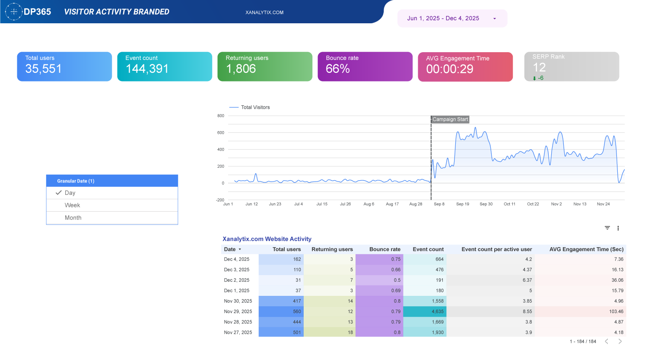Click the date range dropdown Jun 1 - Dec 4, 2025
tap(451, 19)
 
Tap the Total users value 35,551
tap(43, 69)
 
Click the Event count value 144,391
tap(147, 69)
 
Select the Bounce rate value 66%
tap(337, 69)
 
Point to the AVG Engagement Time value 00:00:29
tap(449, 69)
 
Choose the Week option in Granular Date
tap(73, 205)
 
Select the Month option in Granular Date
tap(73, 218)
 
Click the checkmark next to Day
tap(59, 193)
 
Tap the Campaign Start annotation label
tap(450, 119)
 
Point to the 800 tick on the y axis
tap(221, 116)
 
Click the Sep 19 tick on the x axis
tap(462, 204)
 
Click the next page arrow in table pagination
tap(620, 342)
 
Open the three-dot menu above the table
tap(618, 228)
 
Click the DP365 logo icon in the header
tap(14, 12)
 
